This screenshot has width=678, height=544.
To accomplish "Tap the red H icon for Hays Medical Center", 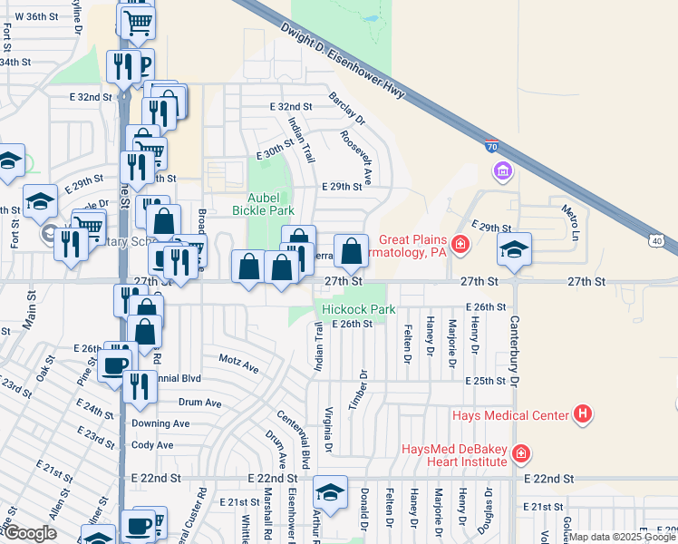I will [x=583, y=414].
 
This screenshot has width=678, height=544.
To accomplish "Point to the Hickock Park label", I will [x=359, y=309].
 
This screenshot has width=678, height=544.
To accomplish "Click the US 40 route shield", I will [x=657, y=238].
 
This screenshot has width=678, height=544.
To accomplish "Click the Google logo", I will [x=29, y=533].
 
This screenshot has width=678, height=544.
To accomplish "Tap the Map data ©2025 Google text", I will [x=622, y=537].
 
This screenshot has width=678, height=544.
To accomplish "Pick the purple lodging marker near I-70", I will [x=502, y=170].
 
